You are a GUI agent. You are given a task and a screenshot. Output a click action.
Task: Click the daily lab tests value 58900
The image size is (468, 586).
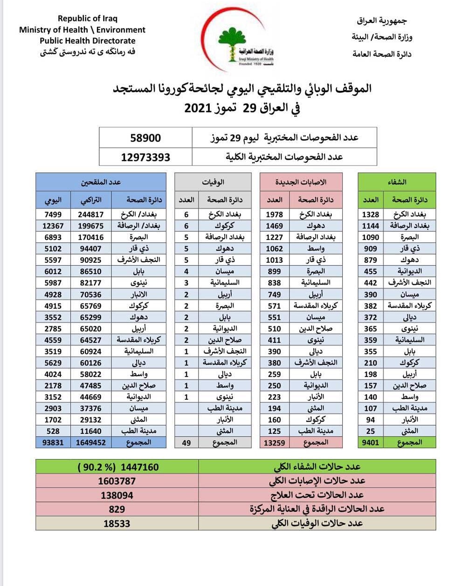tap(145, 138)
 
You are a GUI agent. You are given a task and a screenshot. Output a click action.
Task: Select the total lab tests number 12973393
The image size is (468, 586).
tap(145, 157)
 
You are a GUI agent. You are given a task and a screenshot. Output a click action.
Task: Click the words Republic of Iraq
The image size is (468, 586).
tap(88, 19)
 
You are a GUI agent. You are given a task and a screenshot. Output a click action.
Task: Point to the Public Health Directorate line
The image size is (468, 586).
tap(88, 41)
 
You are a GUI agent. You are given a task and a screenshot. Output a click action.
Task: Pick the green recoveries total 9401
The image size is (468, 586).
tap(371, 442)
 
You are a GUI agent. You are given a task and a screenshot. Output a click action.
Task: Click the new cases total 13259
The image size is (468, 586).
tap(274, 442)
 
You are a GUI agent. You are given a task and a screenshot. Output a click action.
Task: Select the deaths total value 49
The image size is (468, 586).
tap(186, 442)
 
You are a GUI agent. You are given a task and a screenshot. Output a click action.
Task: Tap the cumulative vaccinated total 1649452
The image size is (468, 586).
tap(91, 442)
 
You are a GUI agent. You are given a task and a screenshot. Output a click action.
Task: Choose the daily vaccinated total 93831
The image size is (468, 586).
tap(53, 442)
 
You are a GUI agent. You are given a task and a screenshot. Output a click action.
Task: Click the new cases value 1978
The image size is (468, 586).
tap(274, 214)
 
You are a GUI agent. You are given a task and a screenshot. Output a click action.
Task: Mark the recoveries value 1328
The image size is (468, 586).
tap(371, 214)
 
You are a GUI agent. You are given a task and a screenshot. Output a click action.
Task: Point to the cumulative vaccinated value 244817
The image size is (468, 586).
tap(91, 214)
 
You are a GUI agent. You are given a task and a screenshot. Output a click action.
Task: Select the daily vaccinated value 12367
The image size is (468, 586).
tap(53, 226)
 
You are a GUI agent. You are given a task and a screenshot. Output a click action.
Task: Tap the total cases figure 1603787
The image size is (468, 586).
tap(117, 481)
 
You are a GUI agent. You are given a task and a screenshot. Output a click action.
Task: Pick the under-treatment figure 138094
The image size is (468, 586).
tap(117, 495)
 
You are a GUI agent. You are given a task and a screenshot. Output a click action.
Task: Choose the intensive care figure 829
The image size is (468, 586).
tap(117, 509)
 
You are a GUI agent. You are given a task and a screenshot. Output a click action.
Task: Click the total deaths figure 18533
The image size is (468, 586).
tap(117, 523)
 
